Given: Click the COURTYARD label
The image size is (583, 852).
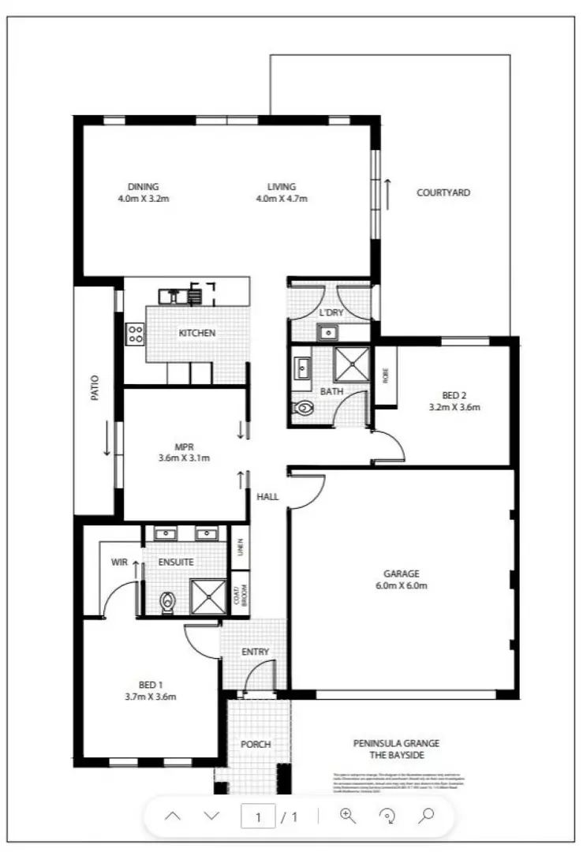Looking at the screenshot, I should (x=443, y=192).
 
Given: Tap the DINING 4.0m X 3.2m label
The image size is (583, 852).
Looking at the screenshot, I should (x=143, y=192).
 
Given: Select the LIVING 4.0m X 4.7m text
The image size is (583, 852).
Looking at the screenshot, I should (x=281, y=192).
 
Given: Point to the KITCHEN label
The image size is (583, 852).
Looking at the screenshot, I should (x=196, y=333).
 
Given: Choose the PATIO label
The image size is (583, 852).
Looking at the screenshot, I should (x=95, y=388).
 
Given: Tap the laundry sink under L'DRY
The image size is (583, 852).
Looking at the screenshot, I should (x=327, y=333).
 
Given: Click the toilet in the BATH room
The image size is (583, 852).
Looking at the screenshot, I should (x=304, y=409).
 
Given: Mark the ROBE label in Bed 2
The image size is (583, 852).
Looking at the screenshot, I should (x=385, y=376).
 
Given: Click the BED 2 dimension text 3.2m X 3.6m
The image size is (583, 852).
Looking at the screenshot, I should (x=454, y=408).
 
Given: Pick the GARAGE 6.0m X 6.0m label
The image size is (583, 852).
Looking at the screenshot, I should (x=402, y=580).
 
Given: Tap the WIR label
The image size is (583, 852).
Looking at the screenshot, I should (x=119, y=562).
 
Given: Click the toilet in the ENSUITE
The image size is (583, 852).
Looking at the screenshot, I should (x=166, y=603).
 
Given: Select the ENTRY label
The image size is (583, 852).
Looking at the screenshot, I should (x=256, y=652).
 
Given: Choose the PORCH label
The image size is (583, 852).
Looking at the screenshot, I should (x=256, y=744).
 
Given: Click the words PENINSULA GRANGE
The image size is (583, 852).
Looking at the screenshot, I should (x=396, y=743).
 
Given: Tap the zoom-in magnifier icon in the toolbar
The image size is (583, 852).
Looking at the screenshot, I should (x=348, y=816).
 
